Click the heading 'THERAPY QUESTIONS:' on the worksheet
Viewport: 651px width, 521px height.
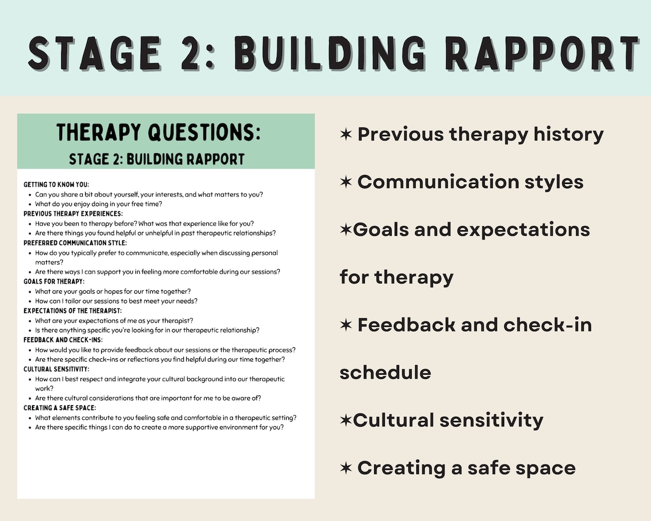[x=159, y=133]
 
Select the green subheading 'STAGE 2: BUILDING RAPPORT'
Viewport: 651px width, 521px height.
[x=156, y=159]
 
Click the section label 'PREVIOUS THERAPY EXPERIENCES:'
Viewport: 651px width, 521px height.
[x=73, y=214]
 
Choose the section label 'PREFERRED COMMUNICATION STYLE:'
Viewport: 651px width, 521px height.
[x=75, y=243]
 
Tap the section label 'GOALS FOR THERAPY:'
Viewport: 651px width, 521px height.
[x=54, y=282]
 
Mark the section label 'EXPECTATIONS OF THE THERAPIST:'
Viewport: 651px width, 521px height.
[x=72, y=311]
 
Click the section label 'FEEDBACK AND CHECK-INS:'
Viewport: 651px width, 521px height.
[x=63, y=340]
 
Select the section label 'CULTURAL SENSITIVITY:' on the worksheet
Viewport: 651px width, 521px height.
[x=56, y=369]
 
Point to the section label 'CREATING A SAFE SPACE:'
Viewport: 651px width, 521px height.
[x=59, y=408]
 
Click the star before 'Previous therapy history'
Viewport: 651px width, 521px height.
[x=345, y=135]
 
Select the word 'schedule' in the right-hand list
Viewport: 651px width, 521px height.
[x=385, y=372]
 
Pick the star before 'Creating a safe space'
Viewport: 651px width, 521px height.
[x=345, y=468]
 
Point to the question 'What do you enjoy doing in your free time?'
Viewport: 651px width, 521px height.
[x=99, y=204]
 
